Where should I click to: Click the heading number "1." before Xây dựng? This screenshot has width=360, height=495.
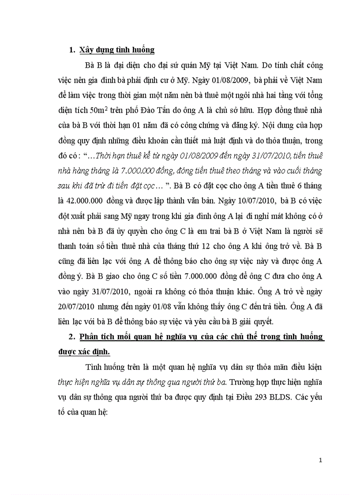(72, 50)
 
